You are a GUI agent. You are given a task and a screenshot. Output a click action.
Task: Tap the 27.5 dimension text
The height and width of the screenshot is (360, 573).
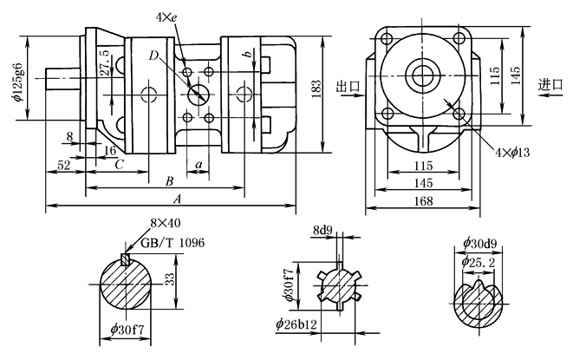pyautogui.click(x=106, y=65)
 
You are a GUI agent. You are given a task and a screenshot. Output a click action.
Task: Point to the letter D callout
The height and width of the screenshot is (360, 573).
pyautogui.click(x=153, y=57)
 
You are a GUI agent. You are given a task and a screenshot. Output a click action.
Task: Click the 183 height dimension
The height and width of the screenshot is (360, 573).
pyautogui.click(x=316, y=88)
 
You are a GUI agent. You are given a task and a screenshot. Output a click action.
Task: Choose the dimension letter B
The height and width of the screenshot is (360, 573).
pyautogui.click(x=170, y=181)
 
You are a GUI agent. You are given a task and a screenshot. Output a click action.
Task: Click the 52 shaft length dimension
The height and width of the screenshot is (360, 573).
pyautogui.click(x=63, y=164)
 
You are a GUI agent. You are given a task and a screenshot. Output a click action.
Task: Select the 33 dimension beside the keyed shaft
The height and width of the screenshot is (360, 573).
pyautogui.click(x=170, y=279)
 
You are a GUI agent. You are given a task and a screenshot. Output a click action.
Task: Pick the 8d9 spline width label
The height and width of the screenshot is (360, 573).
pyautogui.click(x=323, y=231)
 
